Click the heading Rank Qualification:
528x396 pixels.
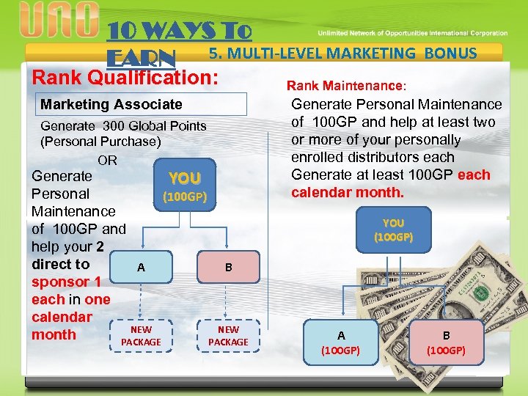(125, 76)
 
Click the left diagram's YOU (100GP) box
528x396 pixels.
(185, 186)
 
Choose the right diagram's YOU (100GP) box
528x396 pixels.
(393, 230)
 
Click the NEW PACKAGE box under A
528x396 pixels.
(141, 337)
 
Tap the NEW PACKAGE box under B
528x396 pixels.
(229, 337)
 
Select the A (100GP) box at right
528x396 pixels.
(341, 342)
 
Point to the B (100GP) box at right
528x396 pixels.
(447, 342)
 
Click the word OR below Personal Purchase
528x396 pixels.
(107, 160)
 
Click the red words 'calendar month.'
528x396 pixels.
(347, 192)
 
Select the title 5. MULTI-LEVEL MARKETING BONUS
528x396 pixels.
(343, 53)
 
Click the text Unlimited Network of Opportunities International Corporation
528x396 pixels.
(412, 33)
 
